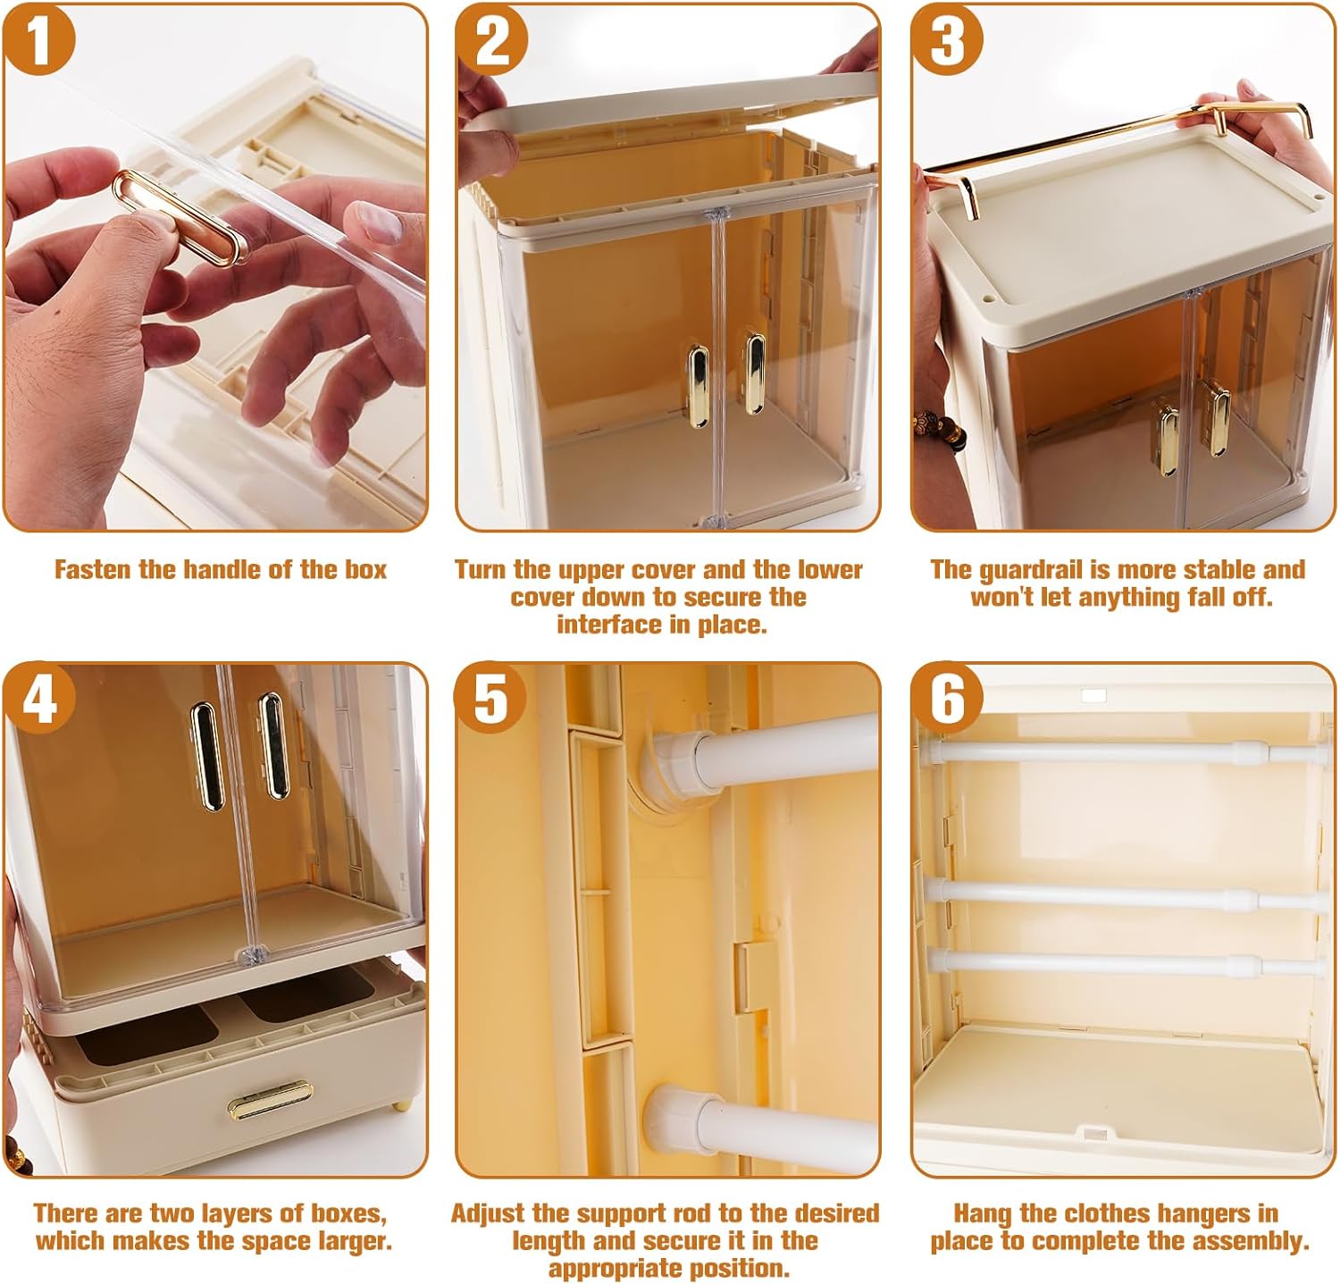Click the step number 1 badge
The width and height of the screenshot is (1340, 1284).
click(x=38, y=39)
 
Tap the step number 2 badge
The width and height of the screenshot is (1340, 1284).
click(x=492, y=39)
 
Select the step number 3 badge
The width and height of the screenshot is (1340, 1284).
click(x=947, y=39)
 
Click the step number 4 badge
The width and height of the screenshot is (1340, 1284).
click(x=38, y=698)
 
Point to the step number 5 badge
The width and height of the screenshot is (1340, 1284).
click(x=490, y=698)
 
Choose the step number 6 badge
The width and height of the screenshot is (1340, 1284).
click(x=947, y=698)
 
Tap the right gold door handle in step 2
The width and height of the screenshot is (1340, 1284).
click(x=755, y=373)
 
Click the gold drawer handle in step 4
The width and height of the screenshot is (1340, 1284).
click(x=269, y=1099)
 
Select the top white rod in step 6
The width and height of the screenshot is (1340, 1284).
click(x=1117, y=752)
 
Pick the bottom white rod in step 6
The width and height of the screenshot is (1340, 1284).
click(x=1117, y=963)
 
